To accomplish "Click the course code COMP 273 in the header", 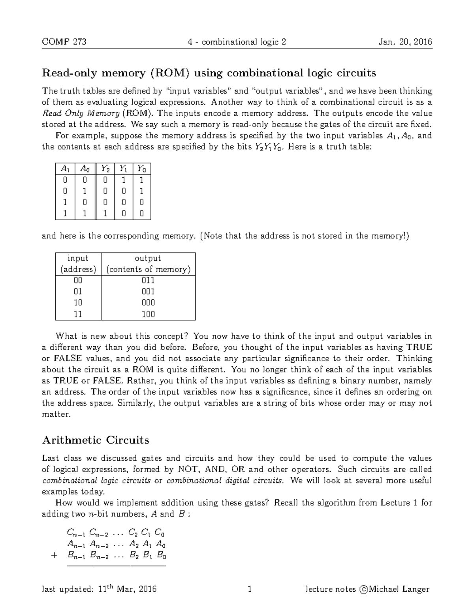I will coord(64,42).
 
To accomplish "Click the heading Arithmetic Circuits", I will coord(96,440).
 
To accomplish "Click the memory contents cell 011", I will coord(148,281).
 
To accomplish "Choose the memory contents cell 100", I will coord(148,314).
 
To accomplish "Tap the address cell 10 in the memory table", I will coord(78,303).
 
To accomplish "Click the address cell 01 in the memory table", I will coord(78,292).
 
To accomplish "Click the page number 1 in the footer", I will coord(249,589).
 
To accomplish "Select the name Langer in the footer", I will coord(416,589).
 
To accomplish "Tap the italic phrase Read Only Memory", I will coord(81,113).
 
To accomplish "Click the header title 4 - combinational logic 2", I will coord(237,42).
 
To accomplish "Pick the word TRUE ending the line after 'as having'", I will coord(419,347).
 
